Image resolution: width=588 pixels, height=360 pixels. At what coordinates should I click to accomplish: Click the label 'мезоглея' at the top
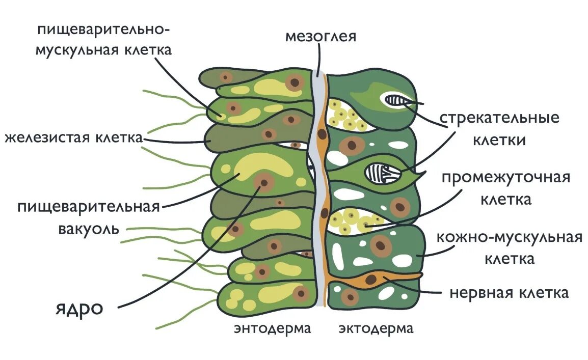[x=320, y=37]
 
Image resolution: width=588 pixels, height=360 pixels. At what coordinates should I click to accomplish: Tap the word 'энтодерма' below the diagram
[x=273, y=328]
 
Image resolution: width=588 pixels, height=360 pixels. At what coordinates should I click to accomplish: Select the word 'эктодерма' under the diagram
[x=377, y=328]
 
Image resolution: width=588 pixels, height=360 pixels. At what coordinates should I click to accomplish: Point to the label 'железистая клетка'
[x=73, y=137]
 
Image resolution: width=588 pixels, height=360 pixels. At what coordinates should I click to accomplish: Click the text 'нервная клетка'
[x=509, y=293]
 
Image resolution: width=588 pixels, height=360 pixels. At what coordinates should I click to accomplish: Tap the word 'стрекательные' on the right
[x=499, y=118]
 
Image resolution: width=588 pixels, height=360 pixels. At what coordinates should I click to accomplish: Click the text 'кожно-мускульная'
[x=510, y=237]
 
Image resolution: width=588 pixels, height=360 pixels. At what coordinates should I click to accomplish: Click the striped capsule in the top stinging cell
[x=395, y=100]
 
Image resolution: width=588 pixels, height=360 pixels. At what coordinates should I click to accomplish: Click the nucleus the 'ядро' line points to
[x=263, y=181]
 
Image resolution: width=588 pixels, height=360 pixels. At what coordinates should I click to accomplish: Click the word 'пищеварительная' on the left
[x=89, y=207]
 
